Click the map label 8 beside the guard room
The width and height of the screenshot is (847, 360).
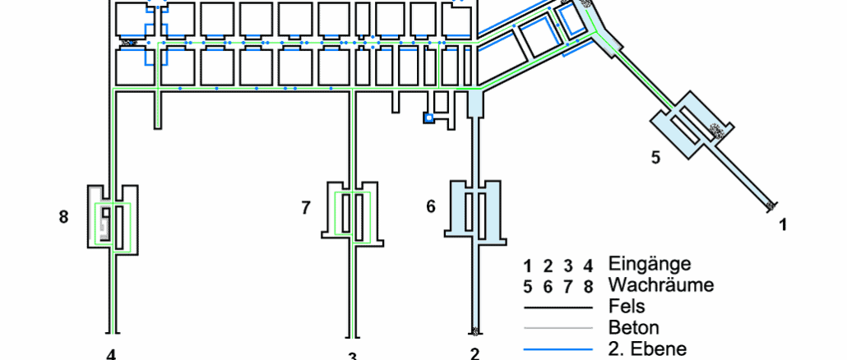point(64,217)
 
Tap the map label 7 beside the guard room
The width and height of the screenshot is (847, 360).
point(306,208)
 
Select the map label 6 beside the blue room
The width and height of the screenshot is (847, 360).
point(430,206)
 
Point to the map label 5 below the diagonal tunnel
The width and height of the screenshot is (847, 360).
point(655,158)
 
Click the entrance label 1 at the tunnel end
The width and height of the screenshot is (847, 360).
point(782,223)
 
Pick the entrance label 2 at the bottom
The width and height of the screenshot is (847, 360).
point(474,354)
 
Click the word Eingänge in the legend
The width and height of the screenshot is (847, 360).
point(650,265)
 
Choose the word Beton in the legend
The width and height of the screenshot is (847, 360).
point(633,328)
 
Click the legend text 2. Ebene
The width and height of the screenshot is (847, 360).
point(647,348)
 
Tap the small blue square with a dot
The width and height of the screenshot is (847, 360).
point(428,118)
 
